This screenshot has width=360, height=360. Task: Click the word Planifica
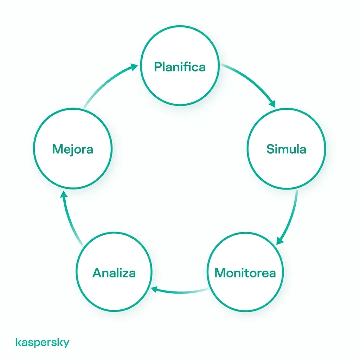pos(180,67)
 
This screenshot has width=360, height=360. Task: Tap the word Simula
pos(286,149)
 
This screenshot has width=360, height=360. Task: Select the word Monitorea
pos(245,273)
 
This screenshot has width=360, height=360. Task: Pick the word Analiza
pos(114,273)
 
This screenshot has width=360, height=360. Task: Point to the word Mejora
pos(72,149)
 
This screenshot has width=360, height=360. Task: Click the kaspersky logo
pos(42,342)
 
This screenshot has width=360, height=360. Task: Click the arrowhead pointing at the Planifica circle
pos(134,67)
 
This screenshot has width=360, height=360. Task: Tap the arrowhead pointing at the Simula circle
pos(272,104)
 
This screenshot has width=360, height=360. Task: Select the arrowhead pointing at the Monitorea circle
pos(279,241)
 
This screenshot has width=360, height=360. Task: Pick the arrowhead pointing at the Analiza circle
pos(154,289)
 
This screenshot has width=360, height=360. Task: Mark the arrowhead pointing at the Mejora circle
pos(64,194)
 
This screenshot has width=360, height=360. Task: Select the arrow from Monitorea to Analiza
pos(180,292)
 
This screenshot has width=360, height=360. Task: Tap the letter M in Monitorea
pos(220,273)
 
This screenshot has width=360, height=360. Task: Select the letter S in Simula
pos(271,149)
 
